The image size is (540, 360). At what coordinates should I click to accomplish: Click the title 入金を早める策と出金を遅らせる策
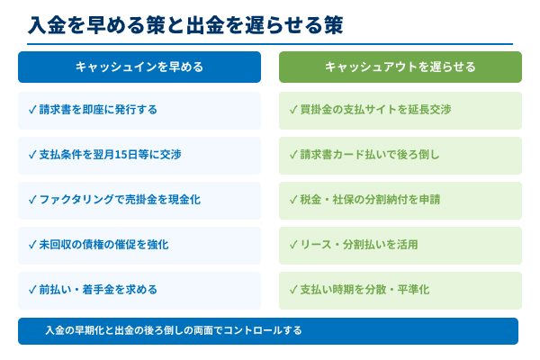185,23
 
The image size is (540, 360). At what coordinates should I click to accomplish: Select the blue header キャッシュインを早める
139,67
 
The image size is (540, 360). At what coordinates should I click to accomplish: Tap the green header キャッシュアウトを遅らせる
400,67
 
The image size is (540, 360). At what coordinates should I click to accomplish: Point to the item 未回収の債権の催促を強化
103,245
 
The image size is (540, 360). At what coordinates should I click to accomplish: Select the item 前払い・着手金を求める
98,290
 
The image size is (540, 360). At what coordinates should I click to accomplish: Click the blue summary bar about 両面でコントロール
268,331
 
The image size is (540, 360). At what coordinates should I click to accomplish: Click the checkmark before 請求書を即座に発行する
32,110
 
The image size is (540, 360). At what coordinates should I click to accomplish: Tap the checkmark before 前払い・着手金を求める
32,290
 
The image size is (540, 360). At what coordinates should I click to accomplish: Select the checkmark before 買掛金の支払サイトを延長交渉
293,110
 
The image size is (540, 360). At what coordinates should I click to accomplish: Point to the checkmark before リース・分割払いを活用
293,245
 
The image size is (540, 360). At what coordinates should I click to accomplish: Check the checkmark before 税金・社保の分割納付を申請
293,200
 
